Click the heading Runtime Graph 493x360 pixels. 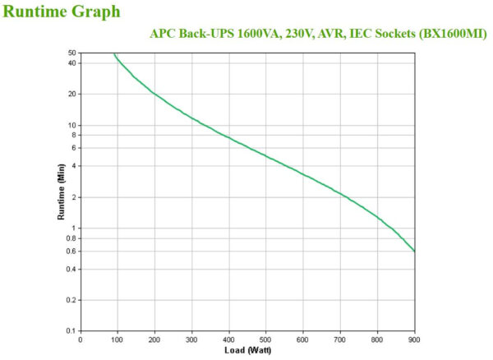[x=62, y=12]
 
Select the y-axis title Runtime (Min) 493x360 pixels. [x=61, y=192]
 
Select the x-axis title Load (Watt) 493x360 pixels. [x=247, y=351]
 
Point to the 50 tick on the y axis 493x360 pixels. [x=72, y=53]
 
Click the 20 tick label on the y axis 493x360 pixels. [x=72, y=94]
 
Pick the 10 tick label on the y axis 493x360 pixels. [x=72, y=125]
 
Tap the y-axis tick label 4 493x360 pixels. [x=74, y=166]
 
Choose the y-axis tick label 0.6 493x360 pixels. [x=71, y=251]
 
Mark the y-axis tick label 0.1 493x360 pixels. [x=71, y=331]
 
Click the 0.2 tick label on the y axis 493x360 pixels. [x=71, y=300]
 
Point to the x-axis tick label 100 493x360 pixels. [x=117, y=339]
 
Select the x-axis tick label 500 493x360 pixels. [x=265, y=339]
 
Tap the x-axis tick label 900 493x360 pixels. [x=414, y=339]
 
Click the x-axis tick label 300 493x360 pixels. [x=191, y=339]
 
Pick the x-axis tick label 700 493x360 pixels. [x=340, y=339]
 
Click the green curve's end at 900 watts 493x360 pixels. [x=414, y=251]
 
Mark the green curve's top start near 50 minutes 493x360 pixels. [x=114, y=53]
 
